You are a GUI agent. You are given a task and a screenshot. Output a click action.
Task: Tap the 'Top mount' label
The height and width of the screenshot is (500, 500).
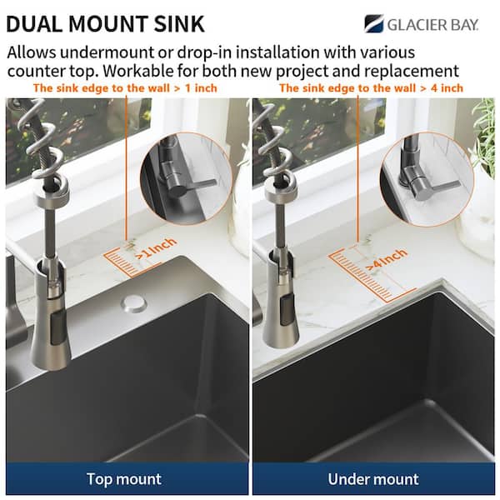124,478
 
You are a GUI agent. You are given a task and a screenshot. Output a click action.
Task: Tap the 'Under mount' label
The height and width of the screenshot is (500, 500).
374,478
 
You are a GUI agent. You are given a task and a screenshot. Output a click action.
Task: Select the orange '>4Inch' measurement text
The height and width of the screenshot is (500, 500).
386,258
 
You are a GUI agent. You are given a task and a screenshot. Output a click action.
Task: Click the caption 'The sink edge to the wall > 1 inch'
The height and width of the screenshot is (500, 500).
125,87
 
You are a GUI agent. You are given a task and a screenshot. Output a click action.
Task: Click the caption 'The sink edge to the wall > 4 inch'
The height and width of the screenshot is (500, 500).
372,87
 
